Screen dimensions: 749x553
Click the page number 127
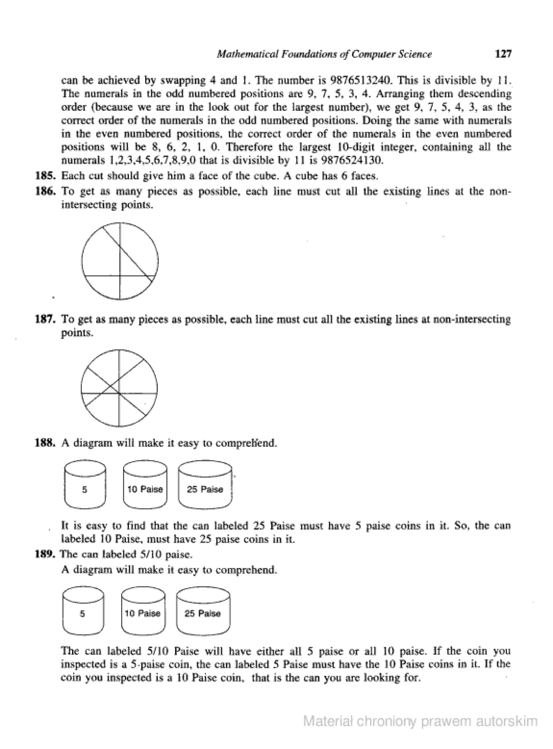tap(503, 54)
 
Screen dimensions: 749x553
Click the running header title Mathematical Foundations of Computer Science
tap(324, 54)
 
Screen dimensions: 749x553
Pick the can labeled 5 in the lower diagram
tap(83, 614)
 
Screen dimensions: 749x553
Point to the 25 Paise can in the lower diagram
tap(203, 614)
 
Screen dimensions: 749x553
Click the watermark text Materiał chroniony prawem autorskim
tap(420, 721)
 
